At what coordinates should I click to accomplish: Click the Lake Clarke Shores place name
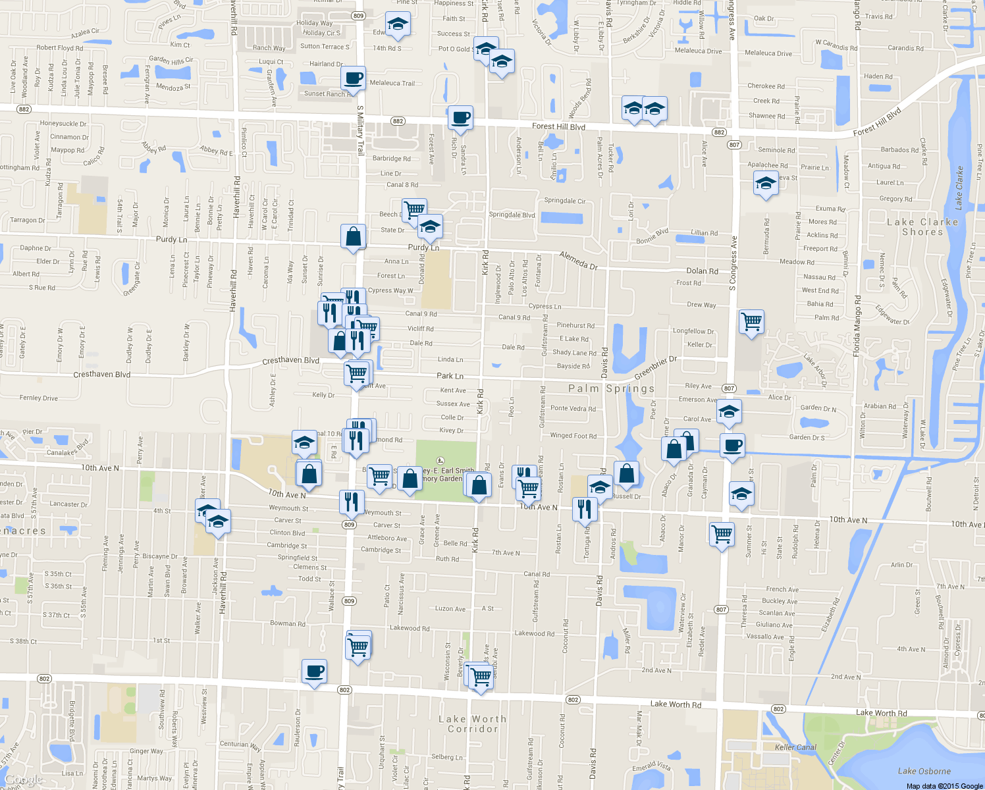point(922,227)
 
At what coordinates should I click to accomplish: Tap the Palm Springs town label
point(612,388)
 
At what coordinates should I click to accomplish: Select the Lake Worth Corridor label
point(473,724)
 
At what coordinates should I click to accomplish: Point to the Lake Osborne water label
point(924,771)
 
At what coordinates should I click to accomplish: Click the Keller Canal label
point(796,747)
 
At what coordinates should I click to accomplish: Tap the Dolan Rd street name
point(702,271)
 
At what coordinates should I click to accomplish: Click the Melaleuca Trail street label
point(392,83)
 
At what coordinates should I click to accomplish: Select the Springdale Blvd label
point(512,215)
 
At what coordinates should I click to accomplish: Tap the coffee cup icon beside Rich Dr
point(460,118)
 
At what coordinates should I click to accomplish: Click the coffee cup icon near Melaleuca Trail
point(354,78)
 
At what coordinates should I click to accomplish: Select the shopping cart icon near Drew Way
point(751,322)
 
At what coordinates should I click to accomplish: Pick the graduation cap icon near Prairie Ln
point(766,184)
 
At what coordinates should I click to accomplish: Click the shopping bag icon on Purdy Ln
point(354,236)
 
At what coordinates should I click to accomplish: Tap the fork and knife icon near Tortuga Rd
point(585,508)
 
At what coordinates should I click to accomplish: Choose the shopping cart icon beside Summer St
point(722,534)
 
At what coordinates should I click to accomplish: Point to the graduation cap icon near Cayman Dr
point(741,494)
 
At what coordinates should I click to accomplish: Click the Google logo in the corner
point(24,780)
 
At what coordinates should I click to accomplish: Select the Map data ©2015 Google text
point(944,786)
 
